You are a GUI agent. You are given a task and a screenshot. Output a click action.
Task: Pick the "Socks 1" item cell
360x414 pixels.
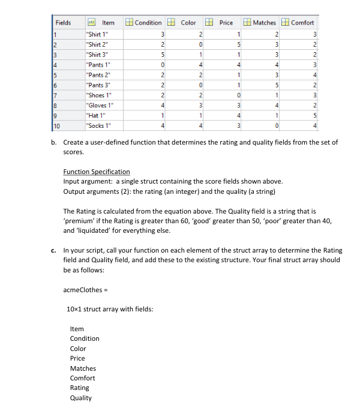tap(98, 124)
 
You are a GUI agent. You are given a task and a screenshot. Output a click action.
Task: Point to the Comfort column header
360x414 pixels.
tap(302, 23)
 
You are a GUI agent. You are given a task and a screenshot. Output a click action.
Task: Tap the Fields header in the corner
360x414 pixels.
tap(63, 23)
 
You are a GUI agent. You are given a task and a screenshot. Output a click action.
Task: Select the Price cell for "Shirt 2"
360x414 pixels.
tap(238, 44)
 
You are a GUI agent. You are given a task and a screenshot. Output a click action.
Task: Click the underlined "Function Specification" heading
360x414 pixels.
tap(96, 172)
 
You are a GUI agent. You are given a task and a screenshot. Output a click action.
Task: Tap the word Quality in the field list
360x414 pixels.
tap(81, 397)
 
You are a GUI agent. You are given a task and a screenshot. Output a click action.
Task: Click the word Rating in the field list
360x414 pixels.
tap(79, 388)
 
